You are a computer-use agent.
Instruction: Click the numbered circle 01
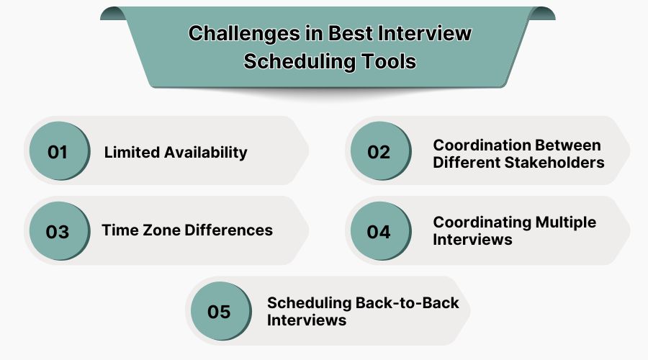pyautogui.click(x=60, y=151)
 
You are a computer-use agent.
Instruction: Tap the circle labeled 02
pyautogui.click(x=381, y=151)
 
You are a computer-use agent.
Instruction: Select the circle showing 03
pyautogui.click(x=60, y=231)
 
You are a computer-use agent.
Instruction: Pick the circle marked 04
pyautogui.click(x=381, y=231)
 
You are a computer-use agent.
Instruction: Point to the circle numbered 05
pyautogui.click(x=221, y=311)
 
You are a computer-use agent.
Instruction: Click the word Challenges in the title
pyautogui.click(x=244, y=34)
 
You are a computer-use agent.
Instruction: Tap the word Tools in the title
pyautogui.click(x=389, y=62)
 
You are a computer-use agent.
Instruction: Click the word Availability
pyautogui.click(x=206, y=153)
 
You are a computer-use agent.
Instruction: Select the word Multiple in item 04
pyautogui.click(x=566, y=222)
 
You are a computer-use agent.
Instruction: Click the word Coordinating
pyautogui.click(x=482, y=222)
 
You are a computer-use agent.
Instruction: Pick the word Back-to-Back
pyautogui.click(x=407, y=303)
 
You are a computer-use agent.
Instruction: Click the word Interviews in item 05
pyautogui.click(x=307, y=320)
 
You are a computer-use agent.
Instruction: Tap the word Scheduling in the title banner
pyautogui.click(x=300, y=62)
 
